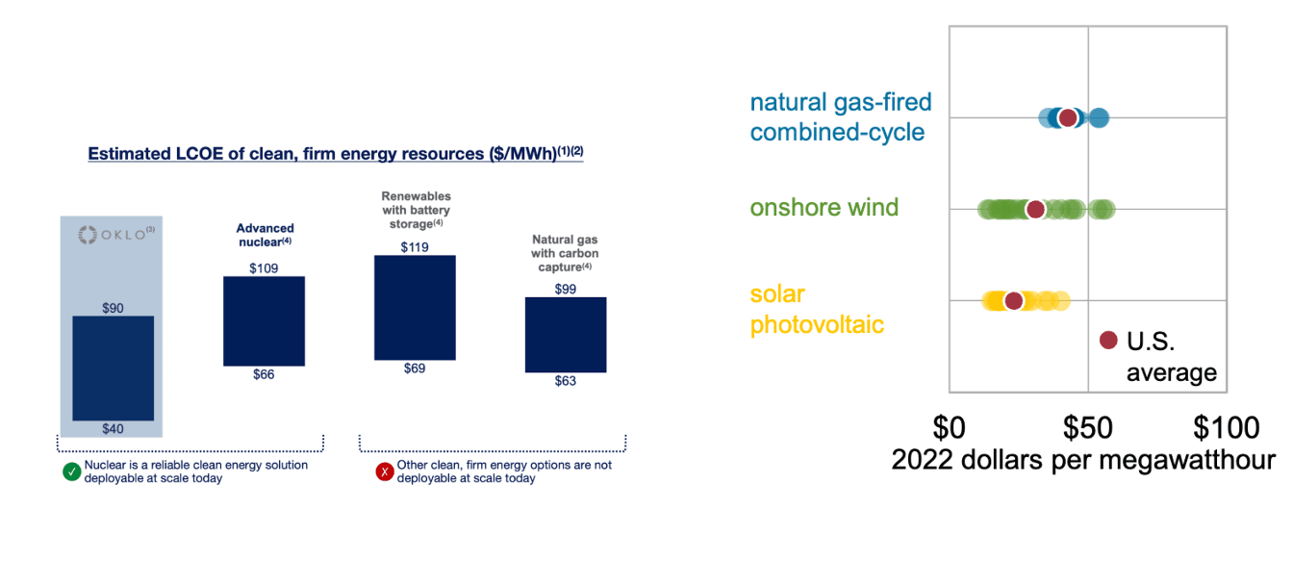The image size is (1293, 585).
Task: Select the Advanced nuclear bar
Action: pyautogui.click(x=264, y=321)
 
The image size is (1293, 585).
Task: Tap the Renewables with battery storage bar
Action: pyautogui.click(x=415, y=308)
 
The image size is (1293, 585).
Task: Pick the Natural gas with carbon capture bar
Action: pyautogui.click(x=566, y=335)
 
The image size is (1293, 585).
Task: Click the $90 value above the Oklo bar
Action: pyautogui.click(x=114, y=308)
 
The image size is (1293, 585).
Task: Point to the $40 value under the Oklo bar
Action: pyautogui.click(x=114, y=429)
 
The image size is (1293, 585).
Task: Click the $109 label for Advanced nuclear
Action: pyautogui.click(x=264, y=268)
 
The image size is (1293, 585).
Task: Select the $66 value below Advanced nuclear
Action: pyautogui.click(x=264, y=374)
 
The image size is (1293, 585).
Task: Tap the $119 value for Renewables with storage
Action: pyautogui.click(x=415, y=247)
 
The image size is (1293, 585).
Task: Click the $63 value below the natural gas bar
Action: pyautogui.click(x=566, y=381)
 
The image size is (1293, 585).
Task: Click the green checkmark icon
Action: pyautogui.click(x=71, y=471)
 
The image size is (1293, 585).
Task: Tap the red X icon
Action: pyautogui.click(x=385, y=471)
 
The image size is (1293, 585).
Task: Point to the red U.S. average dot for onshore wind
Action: pyautogui.click(x=1035, y=210)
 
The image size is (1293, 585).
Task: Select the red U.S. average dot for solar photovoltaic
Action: pyautogui.click(x=1013, y=301)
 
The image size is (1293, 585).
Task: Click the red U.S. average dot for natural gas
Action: pyautogui.click(x=1068, y=118)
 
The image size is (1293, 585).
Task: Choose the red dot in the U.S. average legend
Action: pyautogui.click(x=1108, y=340)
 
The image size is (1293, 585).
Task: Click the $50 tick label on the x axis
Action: pyautogui.click(x=1088, y=426)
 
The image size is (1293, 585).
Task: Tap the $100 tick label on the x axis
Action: pyautogui.click(x=1226, y=426)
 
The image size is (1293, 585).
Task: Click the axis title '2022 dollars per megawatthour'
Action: pyautogui.click(x=1083, y=460)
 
